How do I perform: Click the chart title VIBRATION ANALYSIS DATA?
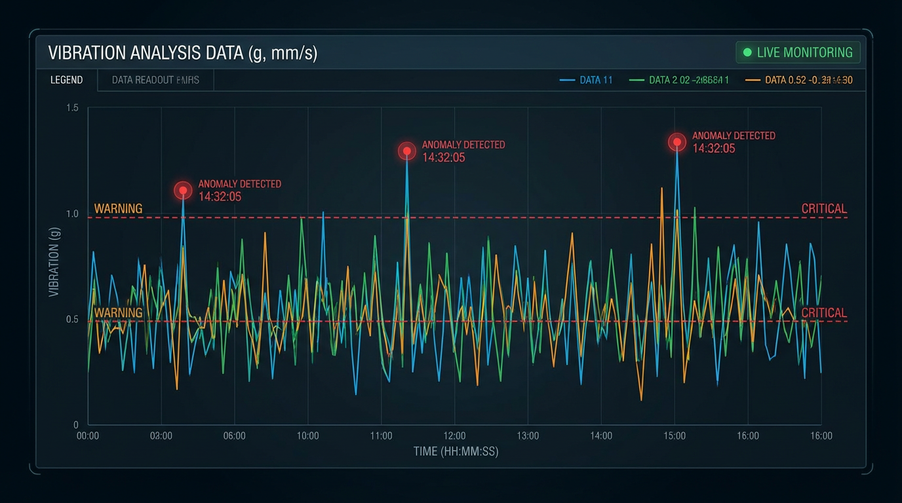click(182, 52)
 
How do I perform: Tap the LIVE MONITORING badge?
click(798, 52)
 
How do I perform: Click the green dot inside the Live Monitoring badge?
click(747, 52)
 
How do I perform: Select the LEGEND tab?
click(67, 80)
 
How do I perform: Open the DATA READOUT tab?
click(155, 80)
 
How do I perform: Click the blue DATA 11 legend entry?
click(587, 80)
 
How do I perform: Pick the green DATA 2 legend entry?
click(679, 80)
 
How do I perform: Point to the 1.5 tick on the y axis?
click(72, 107)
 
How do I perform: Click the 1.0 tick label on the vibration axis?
click(72, 214)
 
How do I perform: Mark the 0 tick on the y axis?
click(76, 425)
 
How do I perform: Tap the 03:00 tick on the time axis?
click(161, 436)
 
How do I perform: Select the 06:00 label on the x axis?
click(235, 436)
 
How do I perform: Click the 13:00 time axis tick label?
click(528, 436)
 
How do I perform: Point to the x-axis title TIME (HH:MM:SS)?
click(456, 451)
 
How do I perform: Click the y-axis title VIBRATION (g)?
click(54, 262)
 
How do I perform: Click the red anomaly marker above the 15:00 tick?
click(677, 142)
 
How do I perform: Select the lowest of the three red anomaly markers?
click(184, 191)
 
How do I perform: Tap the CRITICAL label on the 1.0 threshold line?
click(824, 209)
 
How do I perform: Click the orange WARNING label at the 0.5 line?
click(118, 312)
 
